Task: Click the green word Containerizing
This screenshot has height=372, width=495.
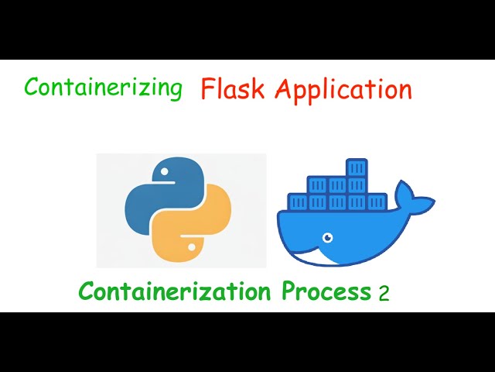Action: pos(103,88)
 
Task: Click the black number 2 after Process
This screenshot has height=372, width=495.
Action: pos(384,294)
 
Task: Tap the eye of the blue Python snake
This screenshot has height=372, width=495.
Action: pos(163,170)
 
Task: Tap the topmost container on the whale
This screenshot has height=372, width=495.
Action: pos(356,167)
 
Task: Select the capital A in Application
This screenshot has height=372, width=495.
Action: pos(284,90)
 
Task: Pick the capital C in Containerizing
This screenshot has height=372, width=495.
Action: pos(31,88)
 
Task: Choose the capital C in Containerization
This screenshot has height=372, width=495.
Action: pos(87,292)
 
